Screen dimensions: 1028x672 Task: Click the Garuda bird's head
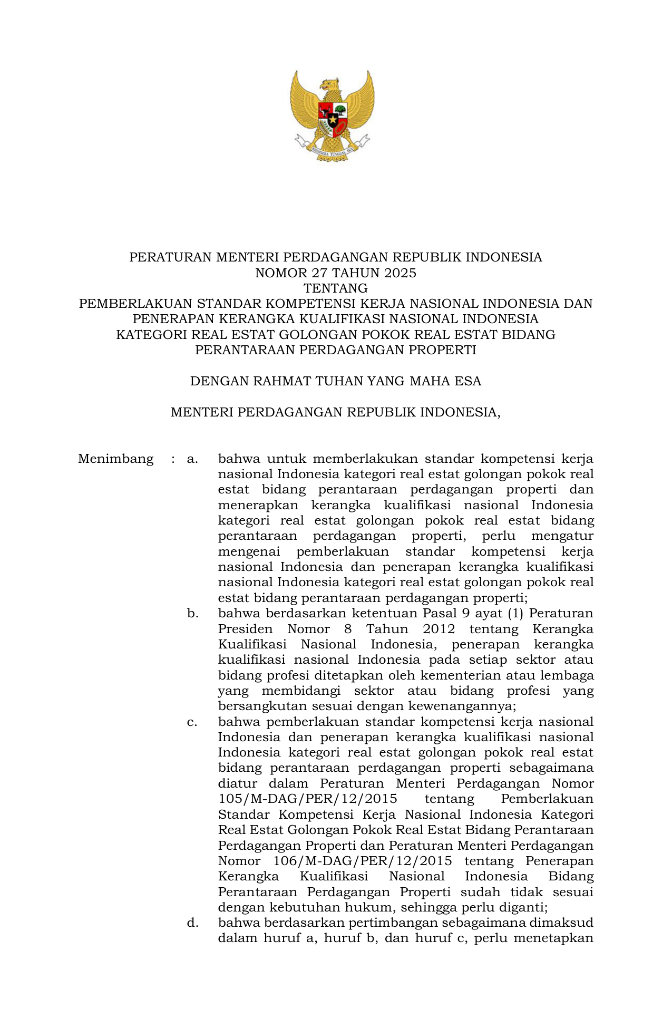(329, 85)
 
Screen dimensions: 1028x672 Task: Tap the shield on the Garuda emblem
(332, 117)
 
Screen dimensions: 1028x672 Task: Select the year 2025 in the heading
(400, 273)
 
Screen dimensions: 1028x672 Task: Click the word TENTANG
(336, 288)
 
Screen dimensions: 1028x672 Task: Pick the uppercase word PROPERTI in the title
(447, 350)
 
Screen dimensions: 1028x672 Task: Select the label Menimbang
(116, 459)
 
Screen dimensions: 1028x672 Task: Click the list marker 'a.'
(192, 459)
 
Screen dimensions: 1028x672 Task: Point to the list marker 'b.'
(192, 614)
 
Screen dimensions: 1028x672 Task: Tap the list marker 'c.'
(192, 722)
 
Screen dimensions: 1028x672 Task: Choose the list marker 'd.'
(192, 923)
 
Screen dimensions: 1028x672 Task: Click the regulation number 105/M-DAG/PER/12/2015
(308, 799)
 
